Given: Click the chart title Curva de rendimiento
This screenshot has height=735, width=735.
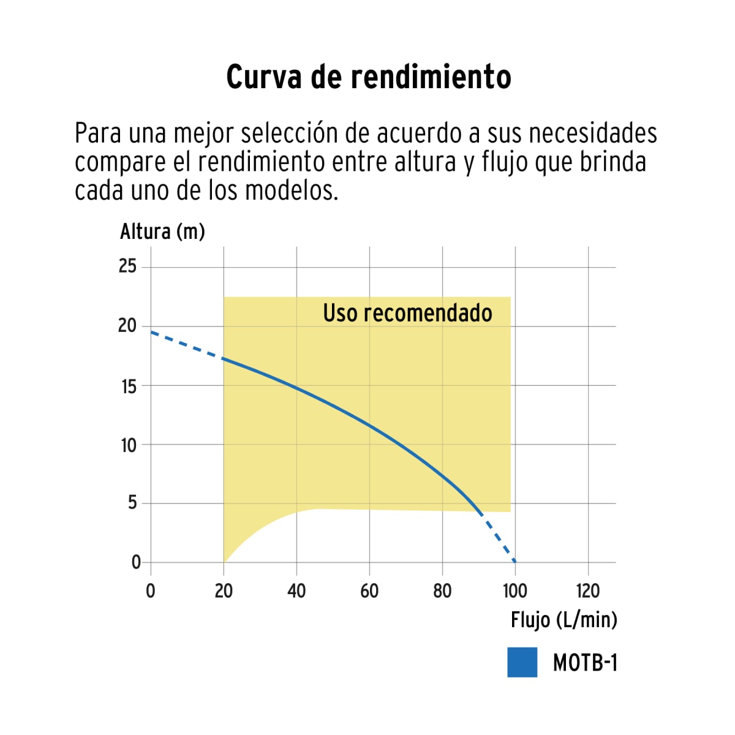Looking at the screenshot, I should tap(369, 78).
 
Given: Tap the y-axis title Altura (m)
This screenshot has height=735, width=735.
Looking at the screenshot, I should tap(162, 232).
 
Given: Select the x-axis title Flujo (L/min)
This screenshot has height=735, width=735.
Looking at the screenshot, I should tap(563, 620).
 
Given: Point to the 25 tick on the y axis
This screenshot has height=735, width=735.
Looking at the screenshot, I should tap(127, 266).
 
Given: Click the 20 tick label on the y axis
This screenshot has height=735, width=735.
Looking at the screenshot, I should tap(127, 326).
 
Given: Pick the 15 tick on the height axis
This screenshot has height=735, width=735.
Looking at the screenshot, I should tap(129, 386).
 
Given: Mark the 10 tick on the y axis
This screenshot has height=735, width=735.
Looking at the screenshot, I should tap(129, 445).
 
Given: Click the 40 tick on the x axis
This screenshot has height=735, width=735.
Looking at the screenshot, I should tap(296, 591).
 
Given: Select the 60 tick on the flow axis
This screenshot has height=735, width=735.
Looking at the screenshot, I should tap(369, 591).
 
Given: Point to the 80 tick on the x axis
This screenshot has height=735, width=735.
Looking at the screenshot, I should tap(442, 591).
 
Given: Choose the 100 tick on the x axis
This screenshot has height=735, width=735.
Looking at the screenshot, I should tap(515, 591).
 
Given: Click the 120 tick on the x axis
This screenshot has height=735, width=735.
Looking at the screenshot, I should tap(588, 591).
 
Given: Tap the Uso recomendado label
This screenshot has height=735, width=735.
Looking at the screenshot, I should tap(407, 313).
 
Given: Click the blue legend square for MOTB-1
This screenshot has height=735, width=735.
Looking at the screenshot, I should tap(522, 662).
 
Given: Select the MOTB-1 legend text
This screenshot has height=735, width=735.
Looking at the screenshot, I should tap(585, 663).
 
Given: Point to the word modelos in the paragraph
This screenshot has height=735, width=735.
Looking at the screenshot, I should tap(291, 190).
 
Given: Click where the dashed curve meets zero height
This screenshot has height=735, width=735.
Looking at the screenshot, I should tap(515, 562).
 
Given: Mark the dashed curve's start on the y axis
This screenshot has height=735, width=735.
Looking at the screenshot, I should tap(151, 331).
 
